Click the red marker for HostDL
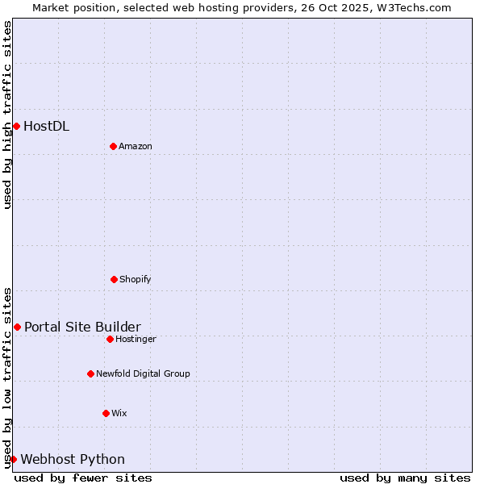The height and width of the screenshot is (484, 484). pyautogui.click(x=16, y=126)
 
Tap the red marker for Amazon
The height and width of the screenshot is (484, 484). pyautogui.click(x=113, y=146)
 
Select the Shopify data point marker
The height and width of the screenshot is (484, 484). pyautogui.click(x=114, y=279)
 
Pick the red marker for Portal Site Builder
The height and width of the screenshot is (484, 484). pyautogui.click(x=17, y=327)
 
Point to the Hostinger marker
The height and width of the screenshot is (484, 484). pyautogui.click(x=110, y=339)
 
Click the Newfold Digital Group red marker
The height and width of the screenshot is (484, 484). pyautogui.click(x=90, y=373)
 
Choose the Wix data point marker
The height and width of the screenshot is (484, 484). pyautogui.click(x=106, y=413)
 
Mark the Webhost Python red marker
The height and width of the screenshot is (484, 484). pyautogui.click(x=13, y=459)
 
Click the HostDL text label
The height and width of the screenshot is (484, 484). pyautogui.click(x=46, y=126)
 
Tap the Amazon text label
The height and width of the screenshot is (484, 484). pyautogui.click(x=136, y=146)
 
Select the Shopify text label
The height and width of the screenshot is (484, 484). pyautogui.click(x=136, y=279)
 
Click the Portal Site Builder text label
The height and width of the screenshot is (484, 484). pyautogui.click(x=82, y=327)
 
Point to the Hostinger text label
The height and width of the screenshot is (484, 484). pyautogui.click(x=136, y=339)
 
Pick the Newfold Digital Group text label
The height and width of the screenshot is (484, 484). pyautogui.click(x=143, y=373)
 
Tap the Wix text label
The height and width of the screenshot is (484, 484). pyautogui.click(x=119, y=413)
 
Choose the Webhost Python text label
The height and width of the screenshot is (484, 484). pyautogui.click(x=73, y=459)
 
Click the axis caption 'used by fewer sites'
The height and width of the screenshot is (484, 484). pyautogui.click(x=83, y=478)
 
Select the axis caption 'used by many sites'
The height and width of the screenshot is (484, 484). pyautogui.click(x=405, y=478)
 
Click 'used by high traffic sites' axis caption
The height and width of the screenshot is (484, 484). pyautogui.click(x=7, y=115)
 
